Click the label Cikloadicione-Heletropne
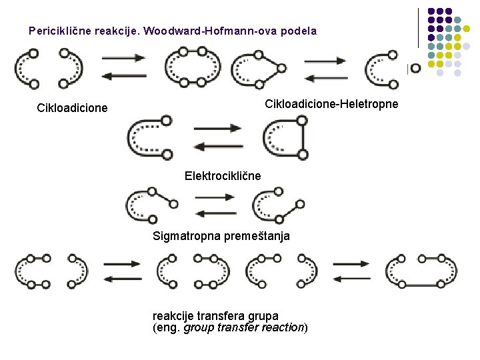331,104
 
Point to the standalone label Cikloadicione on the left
72,107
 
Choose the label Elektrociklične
223,176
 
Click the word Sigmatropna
184,235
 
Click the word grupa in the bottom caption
261,315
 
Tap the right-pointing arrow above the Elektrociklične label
217,129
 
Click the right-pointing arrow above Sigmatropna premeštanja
217,198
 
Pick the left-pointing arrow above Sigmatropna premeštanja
217,213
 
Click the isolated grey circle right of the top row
415,67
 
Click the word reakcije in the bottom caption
172,315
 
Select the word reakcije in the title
122,31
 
